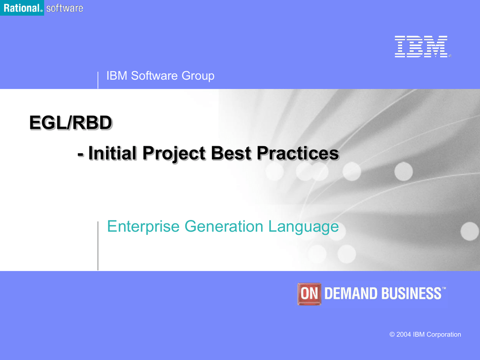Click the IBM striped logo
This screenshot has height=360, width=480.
pyautogui.click(x=421, y=46)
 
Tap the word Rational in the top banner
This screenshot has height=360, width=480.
pyautogui.click(x=22, y=8)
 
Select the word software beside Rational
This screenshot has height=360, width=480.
pyautogui.click(x=65, y=8)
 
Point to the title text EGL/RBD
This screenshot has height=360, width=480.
pyautogui.click(x=71, y=123)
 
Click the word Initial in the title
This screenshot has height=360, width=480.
pyautogui.click(x=112, y=153)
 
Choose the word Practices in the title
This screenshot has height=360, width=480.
pyautogui.click(x=298, y=153)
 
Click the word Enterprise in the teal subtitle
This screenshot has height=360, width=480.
pyautogui.click(x=143, y=227)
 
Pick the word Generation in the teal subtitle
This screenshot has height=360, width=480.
pyautogui.click(x=224, y=226)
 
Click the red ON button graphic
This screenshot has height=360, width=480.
pyautogui.click(x=309, y=294)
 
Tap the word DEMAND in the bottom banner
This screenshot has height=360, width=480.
pyautogui.click(x=351, y=293)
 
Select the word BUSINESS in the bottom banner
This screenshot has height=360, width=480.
pyautogui.click(x=412, y=293)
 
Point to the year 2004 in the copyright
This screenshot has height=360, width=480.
pyautogui.click(x=404, y=335)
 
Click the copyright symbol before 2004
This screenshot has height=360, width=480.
pyautogui.click(x=392, y=335)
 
